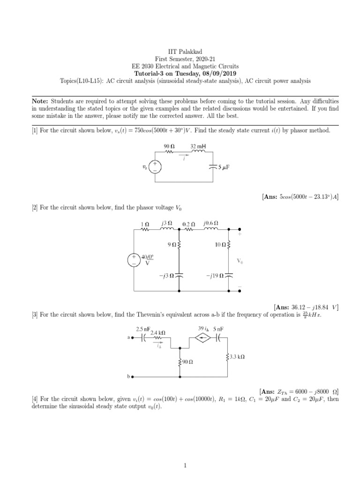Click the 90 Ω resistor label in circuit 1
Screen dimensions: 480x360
pyautogui.click(x=169, y=146)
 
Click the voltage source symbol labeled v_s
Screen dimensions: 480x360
pyautogui.click(x=156, y=167)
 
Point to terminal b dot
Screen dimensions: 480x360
pyautogui.click(x=133, y=376)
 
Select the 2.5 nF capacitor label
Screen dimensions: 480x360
pyautogui.click(x=142, y=329)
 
